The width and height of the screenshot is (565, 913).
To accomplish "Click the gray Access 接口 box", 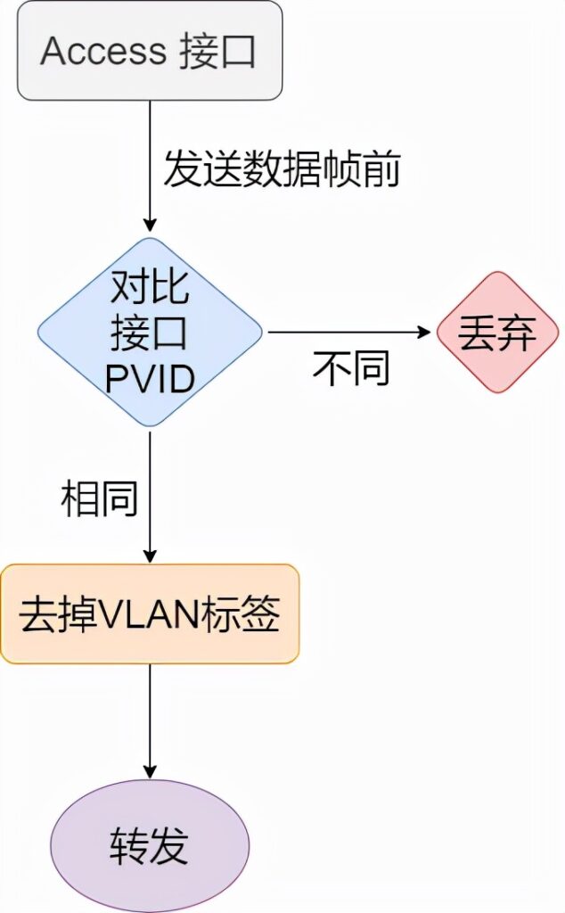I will (x=150, y=51).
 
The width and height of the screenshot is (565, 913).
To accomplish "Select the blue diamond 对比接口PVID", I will (x=150, y=333).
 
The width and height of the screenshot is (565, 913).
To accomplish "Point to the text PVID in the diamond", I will (x=150, y=380).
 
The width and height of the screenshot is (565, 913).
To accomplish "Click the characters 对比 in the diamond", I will (x=150, y=287).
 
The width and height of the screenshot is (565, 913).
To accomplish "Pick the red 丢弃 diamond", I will (x=498, y=333).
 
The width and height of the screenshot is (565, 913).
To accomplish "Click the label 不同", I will (x=351, y=368).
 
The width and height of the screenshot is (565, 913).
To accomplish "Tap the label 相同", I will (x=99, y=498).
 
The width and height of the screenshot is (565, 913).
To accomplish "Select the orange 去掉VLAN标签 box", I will (x=150, y=613).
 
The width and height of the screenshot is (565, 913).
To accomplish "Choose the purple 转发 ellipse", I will (x=150, y=845).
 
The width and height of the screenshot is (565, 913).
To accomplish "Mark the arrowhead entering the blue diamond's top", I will (x=150, y=228).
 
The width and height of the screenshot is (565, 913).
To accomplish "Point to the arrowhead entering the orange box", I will (x=150, y=555).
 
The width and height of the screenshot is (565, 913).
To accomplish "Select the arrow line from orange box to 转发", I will (x=150, y=713).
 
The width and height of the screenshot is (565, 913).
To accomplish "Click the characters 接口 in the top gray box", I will (x=217, y=51).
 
